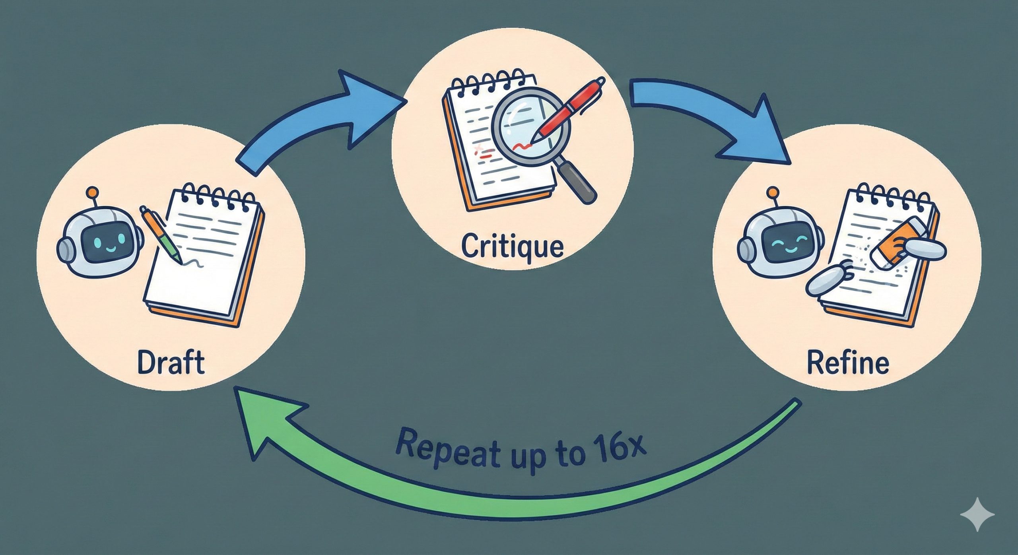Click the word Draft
click(171, 362)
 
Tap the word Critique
click(512, 246)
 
